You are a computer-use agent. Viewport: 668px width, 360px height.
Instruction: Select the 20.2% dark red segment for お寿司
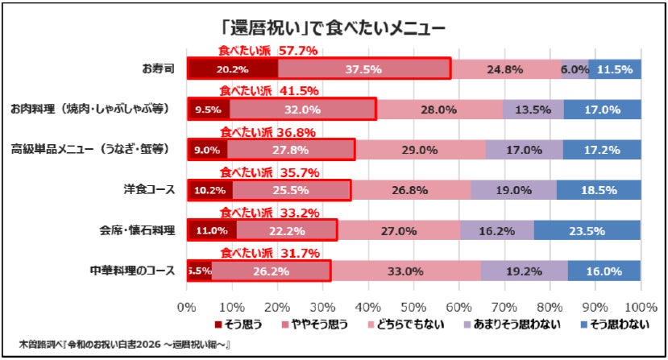tap(233, 69)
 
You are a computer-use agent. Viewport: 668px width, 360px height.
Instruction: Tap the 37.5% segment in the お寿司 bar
tap(364, 69)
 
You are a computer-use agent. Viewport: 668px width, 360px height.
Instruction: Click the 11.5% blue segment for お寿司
tap(615, 69)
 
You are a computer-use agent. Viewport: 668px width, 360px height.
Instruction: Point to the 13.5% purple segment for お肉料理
tap(533, 110)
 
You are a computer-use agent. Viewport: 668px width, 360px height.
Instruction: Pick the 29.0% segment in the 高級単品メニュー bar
tap(420, 150)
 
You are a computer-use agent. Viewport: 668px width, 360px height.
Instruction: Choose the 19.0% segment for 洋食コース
tap(513, 190)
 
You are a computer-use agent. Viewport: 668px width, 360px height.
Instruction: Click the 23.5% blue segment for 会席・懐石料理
tap(587, 230)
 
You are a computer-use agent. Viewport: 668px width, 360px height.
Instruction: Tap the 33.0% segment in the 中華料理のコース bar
tap(406, 271)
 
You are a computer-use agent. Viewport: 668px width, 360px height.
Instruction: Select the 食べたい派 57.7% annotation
tap(268, 51)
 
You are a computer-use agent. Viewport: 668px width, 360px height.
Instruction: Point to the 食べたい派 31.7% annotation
tap(270, 253)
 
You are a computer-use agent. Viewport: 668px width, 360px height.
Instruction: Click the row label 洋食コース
tap(149, 189)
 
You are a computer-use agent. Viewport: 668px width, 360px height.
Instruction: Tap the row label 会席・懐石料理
tap(137, 230)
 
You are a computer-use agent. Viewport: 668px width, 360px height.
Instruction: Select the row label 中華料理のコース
tap(132, 271)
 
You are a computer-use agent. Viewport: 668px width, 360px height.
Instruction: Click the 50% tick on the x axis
tap(413, 307)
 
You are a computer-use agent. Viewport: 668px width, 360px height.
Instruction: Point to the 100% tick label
tap(641, 307)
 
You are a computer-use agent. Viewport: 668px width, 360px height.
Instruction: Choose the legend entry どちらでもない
tap(406, 325)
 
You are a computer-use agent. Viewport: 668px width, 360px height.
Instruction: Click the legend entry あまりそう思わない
tap(512, 325)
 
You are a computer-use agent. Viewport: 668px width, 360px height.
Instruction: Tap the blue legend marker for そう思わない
tap(584, 325)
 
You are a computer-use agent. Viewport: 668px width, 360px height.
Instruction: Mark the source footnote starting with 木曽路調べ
tap(124, 344)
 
